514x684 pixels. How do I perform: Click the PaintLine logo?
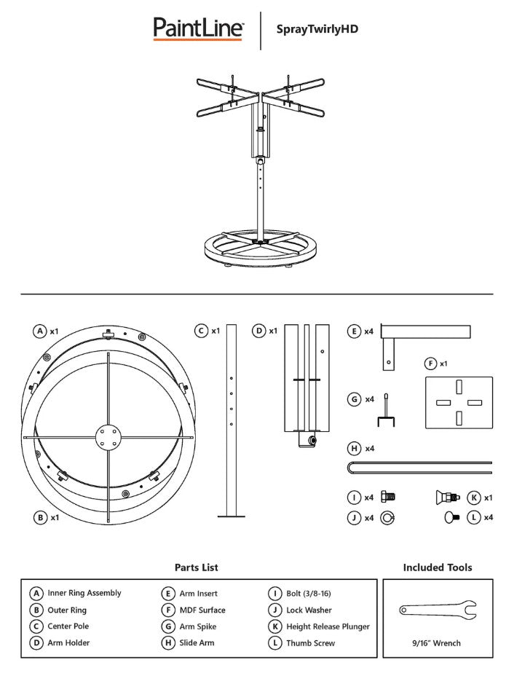[198, 28]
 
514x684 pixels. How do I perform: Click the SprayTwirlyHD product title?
[317, 29]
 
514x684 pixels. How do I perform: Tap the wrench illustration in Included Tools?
[438, 610]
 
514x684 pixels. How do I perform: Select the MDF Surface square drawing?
[458, 403]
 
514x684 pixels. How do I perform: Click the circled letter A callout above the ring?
[39, 331]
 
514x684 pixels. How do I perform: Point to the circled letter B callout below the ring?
[39, 517]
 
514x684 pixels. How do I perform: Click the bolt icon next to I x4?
[388, 498]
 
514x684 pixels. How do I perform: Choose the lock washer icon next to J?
[387, 518]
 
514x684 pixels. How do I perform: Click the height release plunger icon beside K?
[446, 498]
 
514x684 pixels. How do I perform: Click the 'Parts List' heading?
[196, 567]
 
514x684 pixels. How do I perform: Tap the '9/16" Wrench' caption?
[437, 643]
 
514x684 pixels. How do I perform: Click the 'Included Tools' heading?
[437, 567]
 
